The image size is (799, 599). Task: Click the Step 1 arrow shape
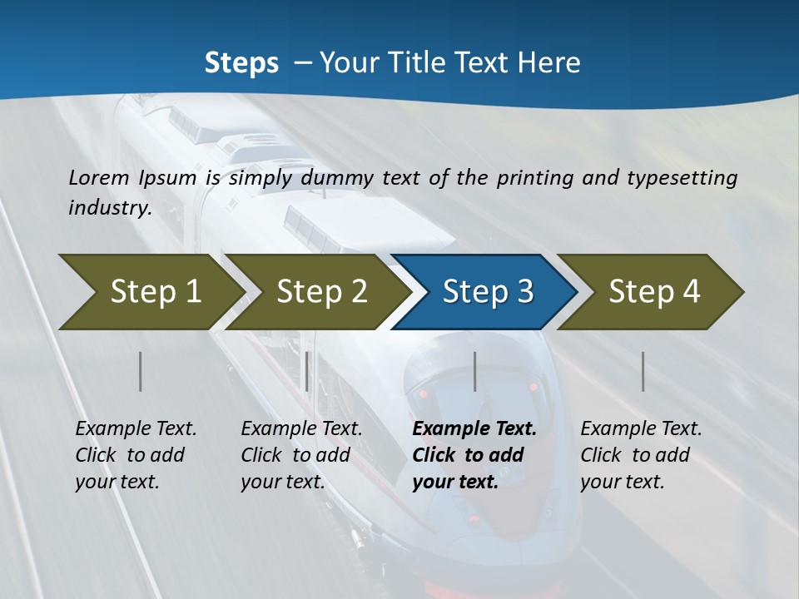[x=154, y=291]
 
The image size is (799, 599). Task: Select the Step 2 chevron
[x=321, y=291]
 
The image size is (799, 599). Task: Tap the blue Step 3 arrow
[x=488, y=291]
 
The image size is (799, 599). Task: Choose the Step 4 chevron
[x=654, y=291]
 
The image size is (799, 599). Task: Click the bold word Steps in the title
[x=241, y=62]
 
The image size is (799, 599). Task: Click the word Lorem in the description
[x=99, y=177]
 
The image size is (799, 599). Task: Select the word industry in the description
[x=109, y=207]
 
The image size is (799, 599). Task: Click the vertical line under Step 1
[x=141, y=371]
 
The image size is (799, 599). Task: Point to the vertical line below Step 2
[x=307, y=371]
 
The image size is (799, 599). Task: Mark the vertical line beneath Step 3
[x=475, y=371]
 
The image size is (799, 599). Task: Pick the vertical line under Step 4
[x=643, y=371]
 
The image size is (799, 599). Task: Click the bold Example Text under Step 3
[x=474, y=428]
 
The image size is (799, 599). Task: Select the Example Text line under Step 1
[x=136, y=428]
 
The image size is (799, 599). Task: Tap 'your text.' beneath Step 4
[x=622, y=482]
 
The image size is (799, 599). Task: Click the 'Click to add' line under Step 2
[x=295, y=455]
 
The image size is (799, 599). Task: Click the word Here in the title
[x=548, y=62]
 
